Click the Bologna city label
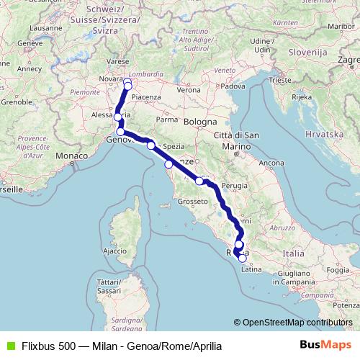click(x=200, y=122)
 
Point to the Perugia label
click(x=234, y=186)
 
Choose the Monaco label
click(x=70, y=156)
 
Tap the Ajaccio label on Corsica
click(x=115, y=251)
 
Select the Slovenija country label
click(x=307, y=53)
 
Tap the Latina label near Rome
click(x=249, y=270)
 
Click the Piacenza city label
click(x=145, y=96)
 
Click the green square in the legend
click(x=9, y=345)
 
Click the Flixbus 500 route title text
click(x=115, y=345)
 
